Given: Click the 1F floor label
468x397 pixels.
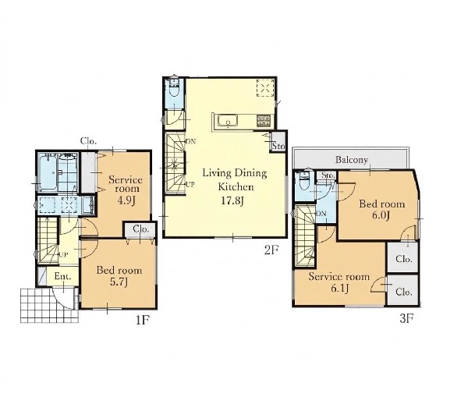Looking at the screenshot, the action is [x=143, y=321].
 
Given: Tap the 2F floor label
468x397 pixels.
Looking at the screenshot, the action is [x=271, y=250].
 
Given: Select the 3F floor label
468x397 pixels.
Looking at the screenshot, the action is [x=406, y=319].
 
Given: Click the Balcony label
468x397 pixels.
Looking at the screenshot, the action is [x=351, y=160].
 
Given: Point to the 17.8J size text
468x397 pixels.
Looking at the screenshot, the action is [x=232, y=201].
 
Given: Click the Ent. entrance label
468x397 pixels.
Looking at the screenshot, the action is [x=63, y=276].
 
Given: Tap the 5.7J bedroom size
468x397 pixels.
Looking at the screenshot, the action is [x=119, y=282].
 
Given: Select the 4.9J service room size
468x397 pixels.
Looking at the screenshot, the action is [x=126, y=200].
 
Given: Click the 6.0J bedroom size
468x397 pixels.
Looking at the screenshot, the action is [x=381, y=215].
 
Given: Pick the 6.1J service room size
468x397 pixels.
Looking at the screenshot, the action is [x=339, y=289].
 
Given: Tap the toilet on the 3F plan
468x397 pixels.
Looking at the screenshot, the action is [x=304, y=181].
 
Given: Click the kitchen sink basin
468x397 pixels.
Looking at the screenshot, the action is [x=228, y=122].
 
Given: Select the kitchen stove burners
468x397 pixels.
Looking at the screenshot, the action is [x=264, y=120].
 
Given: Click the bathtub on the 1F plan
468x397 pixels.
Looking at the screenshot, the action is [x=48, y=172].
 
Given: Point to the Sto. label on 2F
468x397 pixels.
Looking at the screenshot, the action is [x=278, y=147].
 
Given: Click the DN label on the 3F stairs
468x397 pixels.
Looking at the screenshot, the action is [x=321, y=214].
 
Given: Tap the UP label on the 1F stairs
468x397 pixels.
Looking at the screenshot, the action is [x=63, y=255].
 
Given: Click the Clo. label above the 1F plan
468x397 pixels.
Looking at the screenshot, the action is [x=88, y=141].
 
